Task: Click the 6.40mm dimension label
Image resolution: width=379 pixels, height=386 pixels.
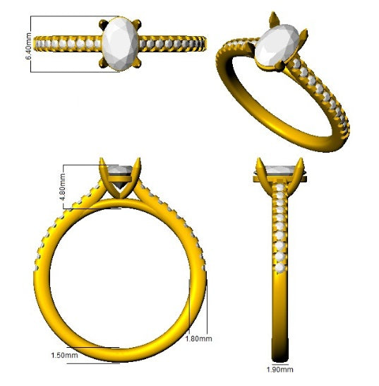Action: pos(28,46)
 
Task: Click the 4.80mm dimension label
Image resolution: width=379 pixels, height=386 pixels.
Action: pos(62,187)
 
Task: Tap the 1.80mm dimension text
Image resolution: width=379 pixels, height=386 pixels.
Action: pos(198,339)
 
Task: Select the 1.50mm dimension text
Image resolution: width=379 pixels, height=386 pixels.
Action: pos(64,355)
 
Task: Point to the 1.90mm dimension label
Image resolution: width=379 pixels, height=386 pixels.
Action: pos(280,370)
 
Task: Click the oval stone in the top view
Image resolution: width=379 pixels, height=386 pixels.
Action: pos(120,44)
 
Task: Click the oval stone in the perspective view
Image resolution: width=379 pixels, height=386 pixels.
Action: pos(277,45)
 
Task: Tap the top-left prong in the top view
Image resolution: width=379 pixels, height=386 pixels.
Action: pos(103,24)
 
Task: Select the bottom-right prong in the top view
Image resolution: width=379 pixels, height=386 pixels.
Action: pos(137,64)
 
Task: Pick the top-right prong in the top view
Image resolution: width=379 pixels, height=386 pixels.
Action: pos(137,24)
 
